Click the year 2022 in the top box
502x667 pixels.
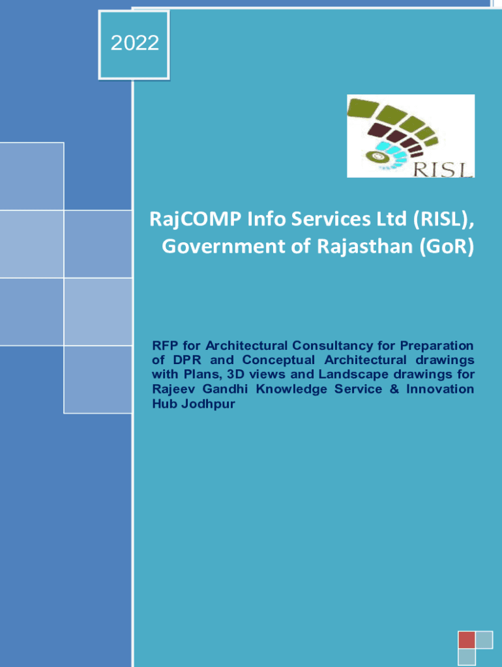coord(134,44)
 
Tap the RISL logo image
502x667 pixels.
coord(410,136)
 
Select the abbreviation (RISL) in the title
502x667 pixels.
coord(441,221)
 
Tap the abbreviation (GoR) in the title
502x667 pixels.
coord(446,247)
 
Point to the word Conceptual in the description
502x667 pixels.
coord(277,360)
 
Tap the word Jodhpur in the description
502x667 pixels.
coord(206,404)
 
